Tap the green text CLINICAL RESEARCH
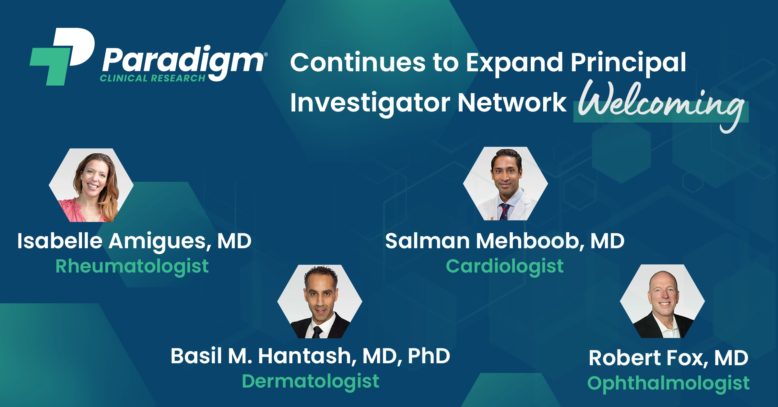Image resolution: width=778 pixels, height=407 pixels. point(153,78)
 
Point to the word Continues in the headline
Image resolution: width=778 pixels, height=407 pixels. point(358,62)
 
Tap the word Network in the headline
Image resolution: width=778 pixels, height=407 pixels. point(512,102)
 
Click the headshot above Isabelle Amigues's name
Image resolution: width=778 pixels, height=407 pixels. point(91,185)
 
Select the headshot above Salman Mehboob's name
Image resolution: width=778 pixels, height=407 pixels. point(505,184)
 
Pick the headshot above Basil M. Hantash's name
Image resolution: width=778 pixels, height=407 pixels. point(320,302)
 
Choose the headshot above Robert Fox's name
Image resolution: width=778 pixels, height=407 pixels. point(662,301)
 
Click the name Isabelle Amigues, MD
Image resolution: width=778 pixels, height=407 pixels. point(135,242)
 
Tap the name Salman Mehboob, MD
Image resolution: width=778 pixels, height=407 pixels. point(505,241)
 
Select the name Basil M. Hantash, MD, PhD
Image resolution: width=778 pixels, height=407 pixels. point(310,356)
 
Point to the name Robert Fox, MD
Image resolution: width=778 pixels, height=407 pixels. point(668,358)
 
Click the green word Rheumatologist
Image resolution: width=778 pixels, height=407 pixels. point(132,267)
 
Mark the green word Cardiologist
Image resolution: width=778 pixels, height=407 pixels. point(505,267)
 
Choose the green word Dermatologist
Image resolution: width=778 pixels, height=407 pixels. point(311,382)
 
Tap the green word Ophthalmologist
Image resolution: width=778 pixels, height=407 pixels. point(668,384)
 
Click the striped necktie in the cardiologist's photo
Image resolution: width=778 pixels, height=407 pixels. point(504,212)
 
